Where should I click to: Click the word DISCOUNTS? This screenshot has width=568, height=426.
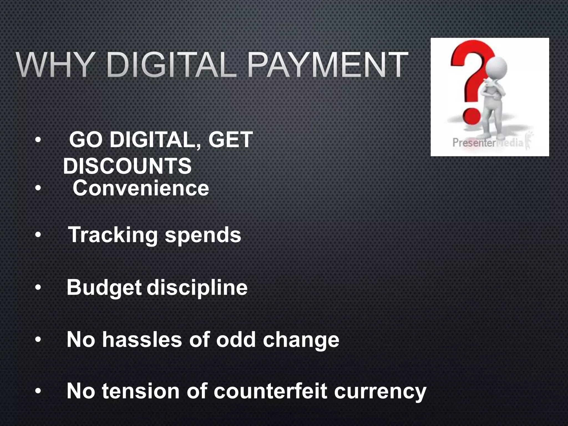coord(127,166)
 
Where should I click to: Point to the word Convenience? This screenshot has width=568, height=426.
coord(141,188)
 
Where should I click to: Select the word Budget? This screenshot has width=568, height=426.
coord(104,288)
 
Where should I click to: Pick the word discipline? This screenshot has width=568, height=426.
coord(197,288)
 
